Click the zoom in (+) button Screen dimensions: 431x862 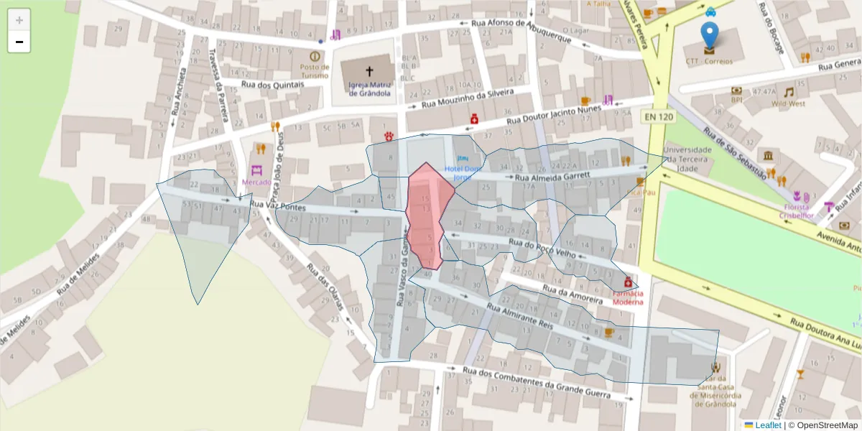[19, 20]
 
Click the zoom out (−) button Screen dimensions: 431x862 [19, 42]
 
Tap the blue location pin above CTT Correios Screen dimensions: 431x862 [709, 36]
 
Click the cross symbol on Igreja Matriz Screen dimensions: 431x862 [369, 71]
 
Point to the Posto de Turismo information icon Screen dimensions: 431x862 [315, 56]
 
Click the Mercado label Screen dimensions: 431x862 [257, 182]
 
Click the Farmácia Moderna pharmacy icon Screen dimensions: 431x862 [628, 282]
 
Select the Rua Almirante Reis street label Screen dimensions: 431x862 [519, 316]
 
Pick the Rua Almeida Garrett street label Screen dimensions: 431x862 [552, 175]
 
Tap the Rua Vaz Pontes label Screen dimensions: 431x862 [278, 206]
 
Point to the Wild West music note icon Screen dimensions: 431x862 [789, 92]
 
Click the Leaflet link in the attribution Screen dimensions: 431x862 [768, 425]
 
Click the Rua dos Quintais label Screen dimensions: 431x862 [273, 84]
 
